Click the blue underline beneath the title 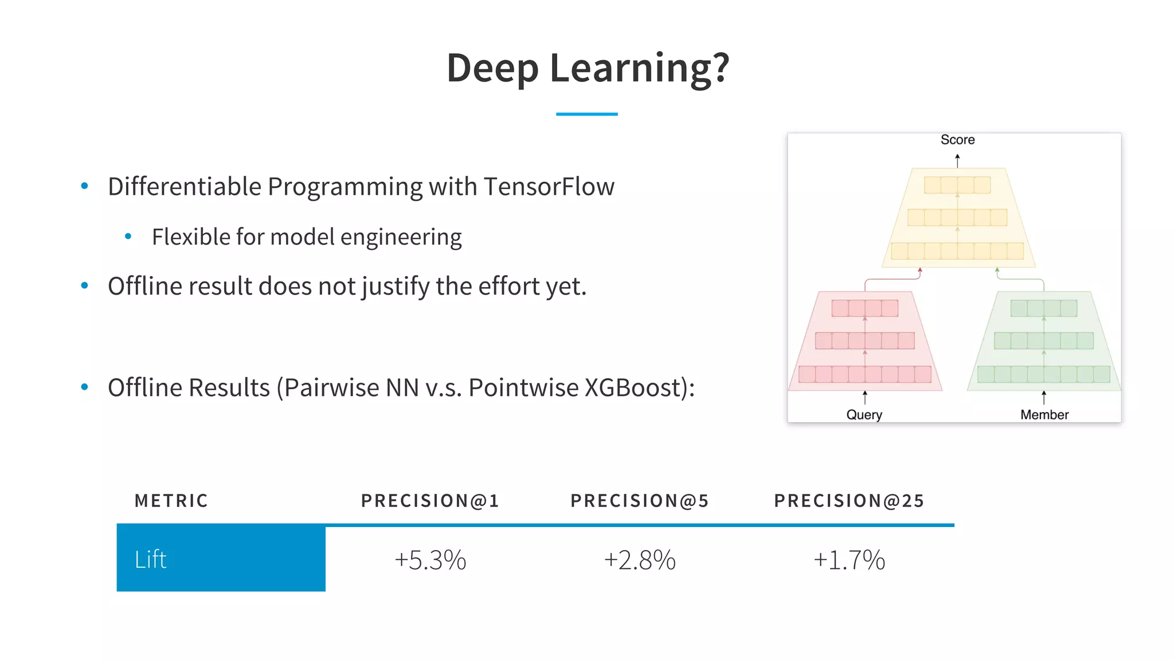[x=586, y=114]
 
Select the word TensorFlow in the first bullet [x=549, y=187]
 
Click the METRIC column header [x=171, y=501]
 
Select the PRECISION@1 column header [x=430, y=501]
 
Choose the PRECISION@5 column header [x=640, y=501]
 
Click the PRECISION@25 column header [x=849, y=501]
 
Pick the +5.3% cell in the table [x=430, y=560]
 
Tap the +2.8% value [x=640, y=560]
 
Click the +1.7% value [x=849, y=560]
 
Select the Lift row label [x=151, y=559]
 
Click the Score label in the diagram [x=957, y=140]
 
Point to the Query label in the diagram [x=864, y=415]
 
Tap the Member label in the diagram [x=1044, y=415]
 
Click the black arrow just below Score [x=957, y=160]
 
